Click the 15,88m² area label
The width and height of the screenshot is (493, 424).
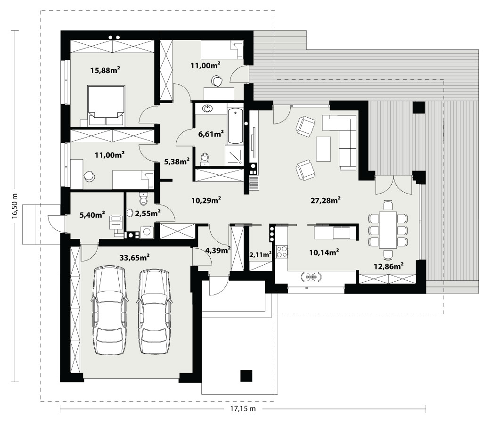tap(105, 70)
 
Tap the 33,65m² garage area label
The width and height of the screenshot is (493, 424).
tap(134, 258)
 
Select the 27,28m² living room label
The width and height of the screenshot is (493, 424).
tap(326, 200)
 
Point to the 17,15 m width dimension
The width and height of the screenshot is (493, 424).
tap(243, 408)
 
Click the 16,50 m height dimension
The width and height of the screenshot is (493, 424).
tap(15, 206)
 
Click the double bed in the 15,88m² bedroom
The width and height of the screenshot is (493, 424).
tap(106, 106)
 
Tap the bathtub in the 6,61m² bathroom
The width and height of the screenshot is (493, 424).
tap(235, 126)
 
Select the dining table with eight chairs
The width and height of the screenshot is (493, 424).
tap(388, 230)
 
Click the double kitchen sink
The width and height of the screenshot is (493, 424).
tap(311, 277)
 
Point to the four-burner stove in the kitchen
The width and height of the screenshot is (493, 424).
tap(282, 252)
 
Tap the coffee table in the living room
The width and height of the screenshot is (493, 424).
tap(323, 149)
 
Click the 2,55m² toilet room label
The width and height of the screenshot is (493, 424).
tap(148, 213)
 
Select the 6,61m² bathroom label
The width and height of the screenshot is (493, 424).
tap(211, 134)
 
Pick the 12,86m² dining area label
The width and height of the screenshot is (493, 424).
tap(389, 266)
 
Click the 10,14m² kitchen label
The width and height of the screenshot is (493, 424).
tap(324, 252)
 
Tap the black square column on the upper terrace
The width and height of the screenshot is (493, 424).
tap(419, 107)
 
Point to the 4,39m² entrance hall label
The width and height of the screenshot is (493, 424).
tap(218, 250)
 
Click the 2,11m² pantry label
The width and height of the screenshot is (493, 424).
tap(261, 254)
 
